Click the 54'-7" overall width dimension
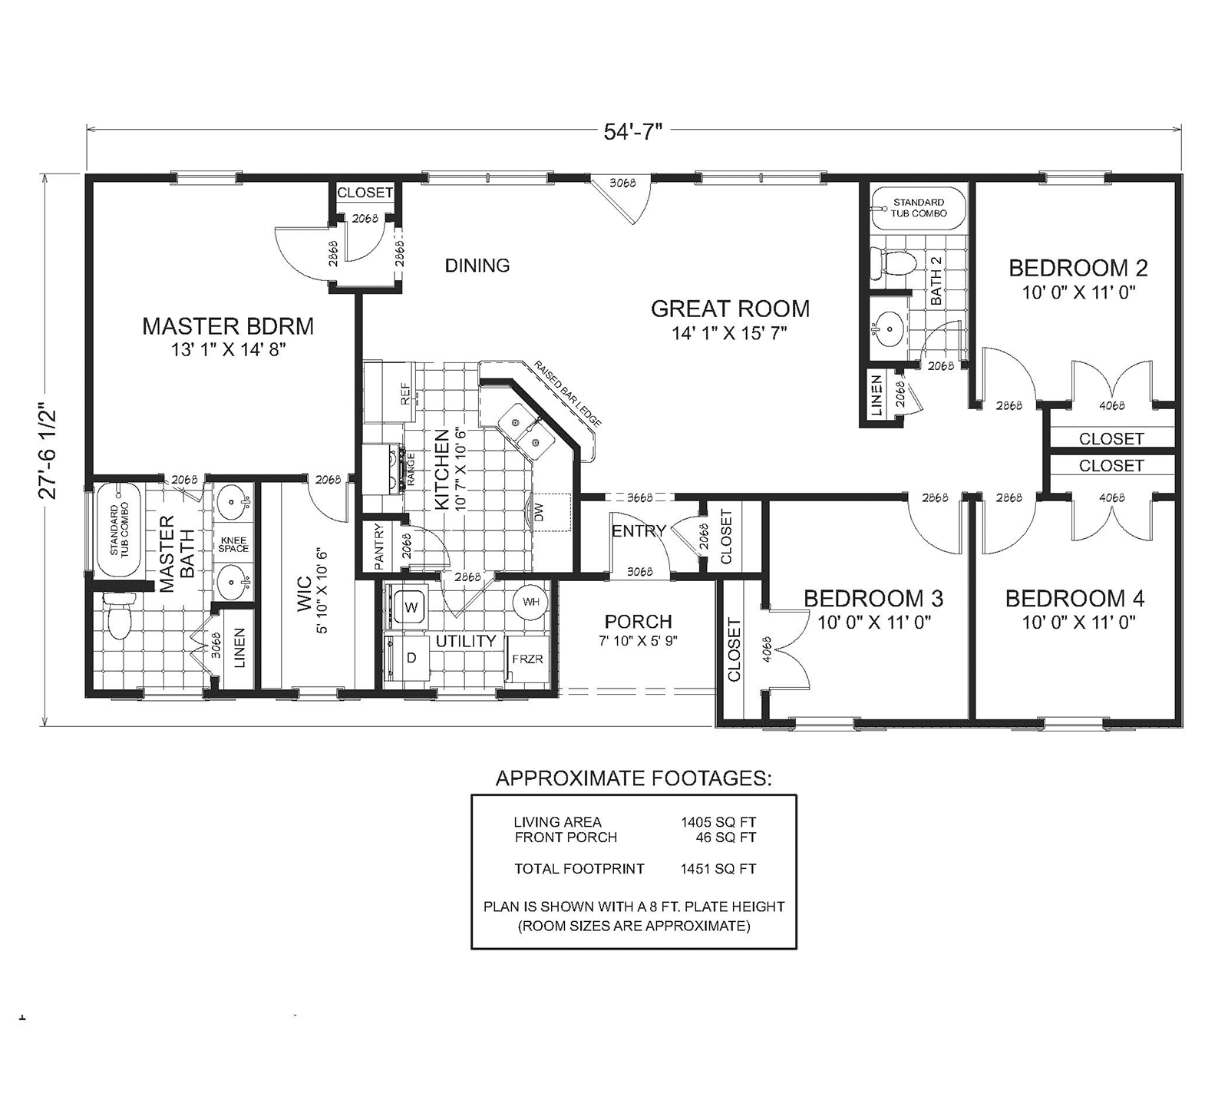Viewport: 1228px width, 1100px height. click(x=632, y=132)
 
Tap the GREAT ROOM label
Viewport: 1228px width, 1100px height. click(x=730, y=309)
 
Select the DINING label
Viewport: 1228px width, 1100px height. click(x=477, y=266)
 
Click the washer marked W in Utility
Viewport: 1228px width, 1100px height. click(x=411, y=606)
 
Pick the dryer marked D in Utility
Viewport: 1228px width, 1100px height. click(x=411, y=658)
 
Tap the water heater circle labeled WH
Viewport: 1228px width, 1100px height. click(x=531, y=602)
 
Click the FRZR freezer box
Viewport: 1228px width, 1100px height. click(x=527, y=659)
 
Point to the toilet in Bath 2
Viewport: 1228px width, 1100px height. click(x=896, y=264)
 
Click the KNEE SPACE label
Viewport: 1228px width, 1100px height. click(x=233, y=543)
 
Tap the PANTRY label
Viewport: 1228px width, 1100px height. click(x=378, y=546)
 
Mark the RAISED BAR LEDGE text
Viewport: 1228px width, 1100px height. click(x=567, y=393)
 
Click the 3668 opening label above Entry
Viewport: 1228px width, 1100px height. click(x=639, y=497)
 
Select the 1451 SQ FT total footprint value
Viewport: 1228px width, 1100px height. click(x=718, y=869)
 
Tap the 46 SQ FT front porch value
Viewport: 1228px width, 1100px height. click(x=725, y=837)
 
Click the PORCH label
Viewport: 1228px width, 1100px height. click(x=638, y=621)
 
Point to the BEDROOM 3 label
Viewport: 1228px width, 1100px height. click(x=873, y=598)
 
